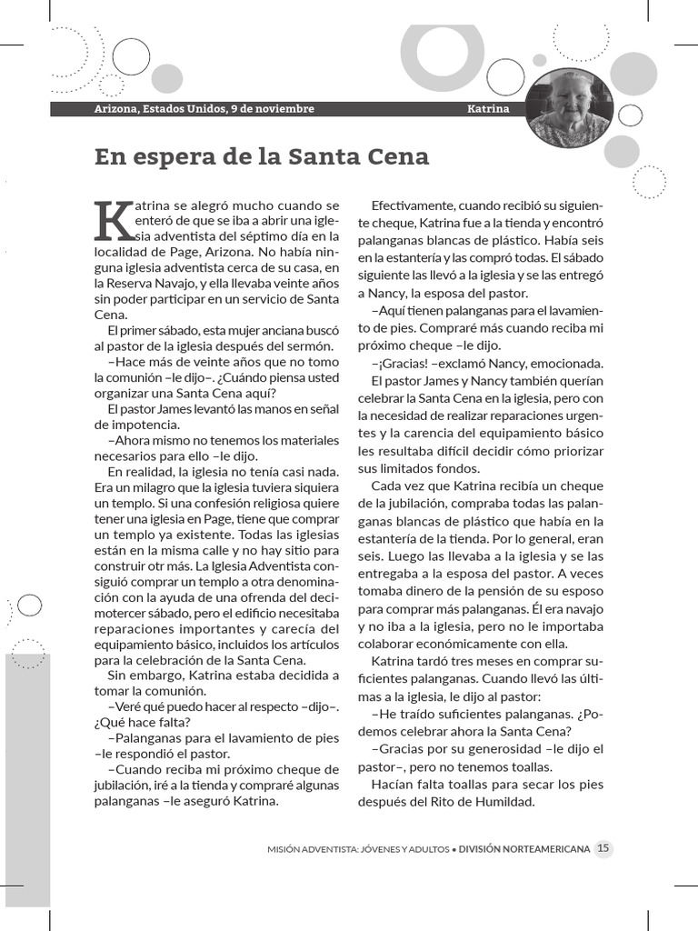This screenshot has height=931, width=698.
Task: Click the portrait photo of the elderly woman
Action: point(569,108)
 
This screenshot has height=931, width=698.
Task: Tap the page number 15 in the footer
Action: point(603,849)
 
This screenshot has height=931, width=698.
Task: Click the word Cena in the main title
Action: point(396,156)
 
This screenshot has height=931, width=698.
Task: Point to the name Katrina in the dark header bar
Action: point(488,109)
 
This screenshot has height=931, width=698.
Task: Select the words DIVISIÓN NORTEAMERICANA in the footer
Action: point(524,849)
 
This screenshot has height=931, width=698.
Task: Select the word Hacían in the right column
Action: point(390,784)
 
